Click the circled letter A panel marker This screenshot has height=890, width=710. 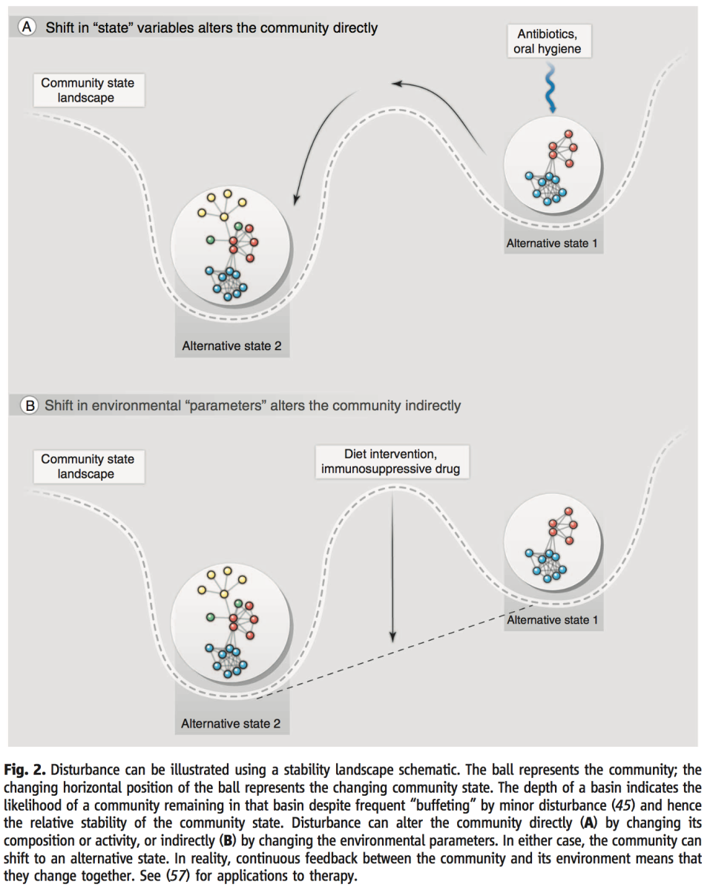[x=27, y=28]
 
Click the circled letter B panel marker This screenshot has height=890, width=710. [x=30, y=406]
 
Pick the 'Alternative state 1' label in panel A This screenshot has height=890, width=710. [x=552, y=243]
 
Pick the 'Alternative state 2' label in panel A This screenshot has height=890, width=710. [x=231, y=346]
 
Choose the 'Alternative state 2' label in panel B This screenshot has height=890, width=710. [x=231, y=723]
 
